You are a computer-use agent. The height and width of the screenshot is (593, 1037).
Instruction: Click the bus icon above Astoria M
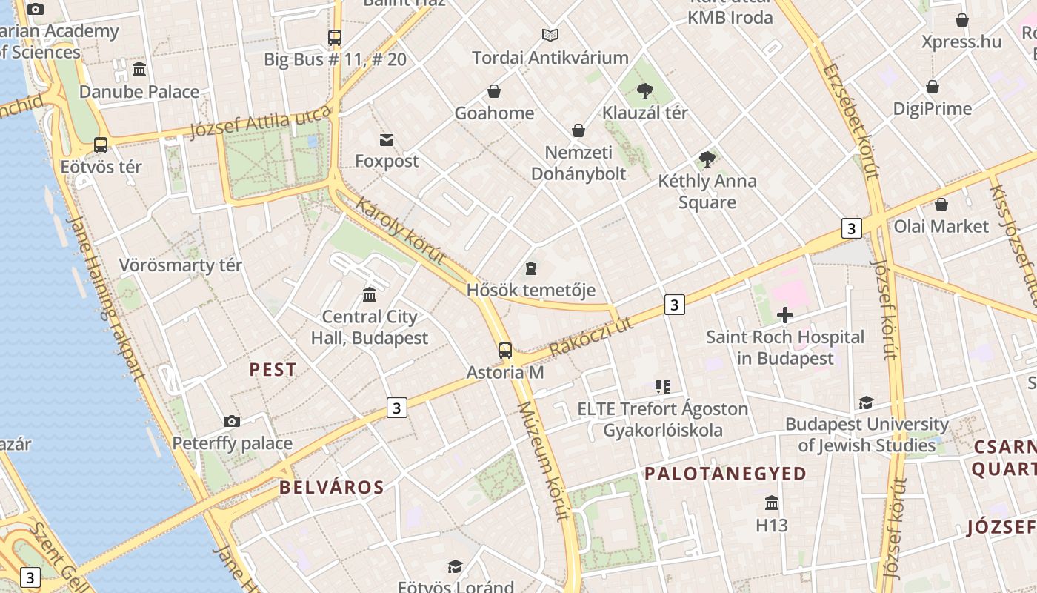[x=505, y=351]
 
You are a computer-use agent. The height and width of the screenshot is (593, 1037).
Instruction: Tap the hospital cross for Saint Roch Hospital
[x=785, y=316]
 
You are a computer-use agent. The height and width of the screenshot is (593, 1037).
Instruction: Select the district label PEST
[x=273, y=369]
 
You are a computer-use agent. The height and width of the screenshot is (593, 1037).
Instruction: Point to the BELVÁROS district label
[x=332, y=487]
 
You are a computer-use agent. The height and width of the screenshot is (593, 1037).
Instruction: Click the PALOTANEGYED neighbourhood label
[x=725, y=474]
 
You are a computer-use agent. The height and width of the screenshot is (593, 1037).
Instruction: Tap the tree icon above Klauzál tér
[x=645, y=91]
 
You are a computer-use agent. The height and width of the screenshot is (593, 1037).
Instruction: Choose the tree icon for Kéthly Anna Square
[x=707, y=159]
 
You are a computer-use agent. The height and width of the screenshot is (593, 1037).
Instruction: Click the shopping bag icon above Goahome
[x=494, y=91]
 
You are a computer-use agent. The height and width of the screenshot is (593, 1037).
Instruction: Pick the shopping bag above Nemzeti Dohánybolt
[x=578, y=131]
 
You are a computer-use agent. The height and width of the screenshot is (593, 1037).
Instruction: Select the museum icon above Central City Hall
[x=370, y=295]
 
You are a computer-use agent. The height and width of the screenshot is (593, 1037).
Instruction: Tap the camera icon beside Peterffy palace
[x=232, y=421]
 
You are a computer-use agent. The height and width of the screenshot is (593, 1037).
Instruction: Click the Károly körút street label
[x=401, y=231]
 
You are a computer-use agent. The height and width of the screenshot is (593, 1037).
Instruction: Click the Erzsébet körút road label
[x=850, y=122]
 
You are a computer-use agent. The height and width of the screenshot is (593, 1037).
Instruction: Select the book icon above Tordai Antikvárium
[x=550, y=35]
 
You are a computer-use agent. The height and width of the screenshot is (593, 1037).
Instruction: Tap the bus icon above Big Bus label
[x=335, y=37]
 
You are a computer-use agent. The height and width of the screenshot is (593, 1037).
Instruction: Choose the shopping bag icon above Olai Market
[x=941, y=205]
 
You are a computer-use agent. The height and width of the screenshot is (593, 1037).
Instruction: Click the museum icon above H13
[x=772, y=503]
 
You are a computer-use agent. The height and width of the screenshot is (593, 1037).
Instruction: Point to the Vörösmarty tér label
[x=181, y=265]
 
